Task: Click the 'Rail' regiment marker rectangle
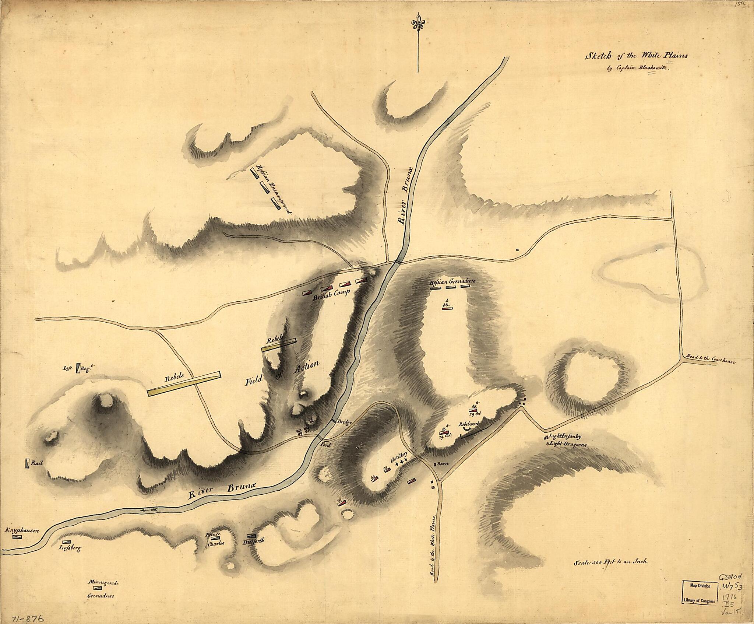(28, 463)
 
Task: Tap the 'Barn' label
(441, 464)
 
